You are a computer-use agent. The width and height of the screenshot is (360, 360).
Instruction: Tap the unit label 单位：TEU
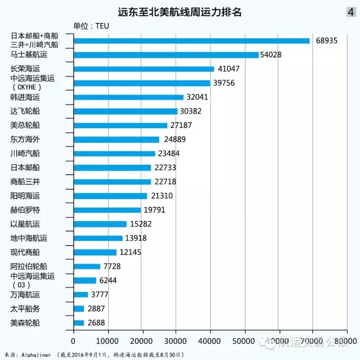click(x=91, y=26)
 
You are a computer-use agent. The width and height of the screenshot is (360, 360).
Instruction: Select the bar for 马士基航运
click(x=166, y=55)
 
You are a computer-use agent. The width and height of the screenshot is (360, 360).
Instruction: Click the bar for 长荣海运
click(x=143, y=69)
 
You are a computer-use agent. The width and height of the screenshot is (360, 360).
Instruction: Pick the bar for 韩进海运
click(x=128, y=97)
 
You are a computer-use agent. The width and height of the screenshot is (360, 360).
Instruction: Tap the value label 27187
click(x=182, y=125)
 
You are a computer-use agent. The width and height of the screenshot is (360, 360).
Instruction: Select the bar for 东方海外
click(x=116, y=139)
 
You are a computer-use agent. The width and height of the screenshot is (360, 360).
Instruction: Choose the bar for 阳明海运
click(x=110, y=196)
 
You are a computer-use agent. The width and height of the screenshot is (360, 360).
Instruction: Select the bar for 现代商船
click(x=94, y=252)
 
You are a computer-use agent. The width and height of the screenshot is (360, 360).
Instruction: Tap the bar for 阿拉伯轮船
click(x=87, y=266)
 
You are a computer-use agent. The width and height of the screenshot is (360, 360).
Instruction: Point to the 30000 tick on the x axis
click(x=176, y=341)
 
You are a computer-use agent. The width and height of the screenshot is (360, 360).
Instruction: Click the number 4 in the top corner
click(x=351, y=11)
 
